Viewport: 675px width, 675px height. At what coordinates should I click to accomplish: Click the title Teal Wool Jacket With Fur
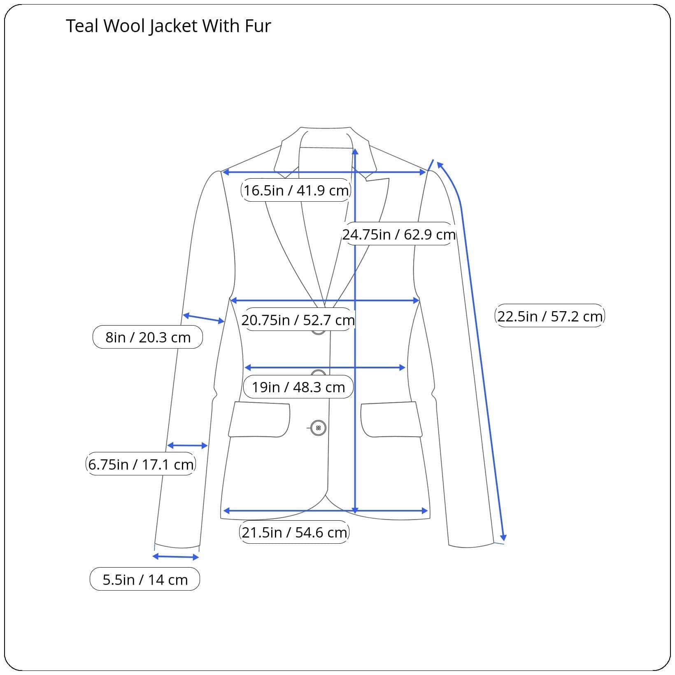point(168,26)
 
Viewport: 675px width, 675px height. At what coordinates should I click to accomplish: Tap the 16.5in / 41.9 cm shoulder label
point(296,190)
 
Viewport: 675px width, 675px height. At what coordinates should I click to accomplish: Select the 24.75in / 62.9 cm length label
point(399,234)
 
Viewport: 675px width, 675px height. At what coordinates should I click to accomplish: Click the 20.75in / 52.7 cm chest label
point(298,320)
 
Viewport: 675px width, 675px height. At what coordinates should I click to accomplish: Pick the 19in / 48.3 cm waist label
point(298,387)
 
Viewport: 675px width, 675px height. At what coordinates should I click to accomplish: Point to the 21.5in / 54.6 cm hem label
point(294,532)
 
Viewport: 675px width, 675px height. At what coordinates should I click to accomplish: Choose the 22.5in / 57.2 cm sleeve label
point(550,316)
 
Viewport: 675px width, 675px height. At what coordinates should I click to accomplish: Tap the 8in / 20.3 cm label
point(148,337)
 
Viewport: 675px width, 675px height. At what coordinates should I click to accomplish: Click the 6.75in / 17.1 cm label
point(141,464)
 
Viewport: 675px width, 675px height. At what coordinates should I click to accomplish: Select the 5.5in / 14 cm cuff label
point(145,579)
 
